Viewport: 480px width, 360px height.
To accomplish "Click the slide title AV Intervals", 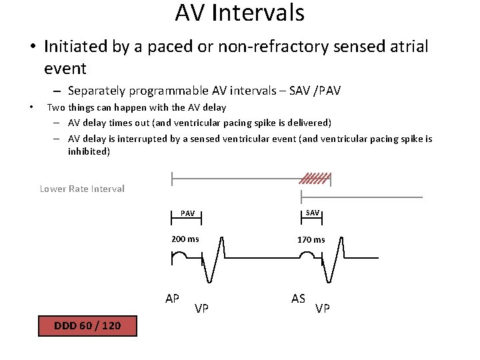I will coord(239,13).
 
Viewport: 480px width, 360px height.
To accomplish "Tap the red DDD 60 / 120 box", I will coord(87,326).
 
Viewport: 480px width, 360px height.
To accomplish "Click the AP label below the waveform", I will coord(172,298).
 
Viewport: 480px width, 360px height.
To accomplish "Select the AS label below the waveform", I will coord(299,298).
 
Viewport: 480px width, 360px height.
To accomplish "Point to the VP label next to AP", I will coord(201,308).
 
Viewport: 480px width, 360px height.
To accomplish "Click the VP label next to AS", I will coord(323,308).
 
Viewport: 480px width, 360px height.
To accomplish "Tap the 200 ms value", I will coord(185,239).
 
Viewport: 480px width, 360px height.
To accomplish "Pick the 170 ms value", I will coord(311,240).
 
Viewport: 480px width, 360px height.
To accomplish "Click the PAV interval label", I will coord(188,214).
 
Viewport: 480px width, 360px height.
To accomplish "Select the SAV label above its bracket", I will coord(312,212).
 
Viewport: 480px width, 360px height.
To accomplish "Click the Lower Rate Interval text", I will coord(82,189).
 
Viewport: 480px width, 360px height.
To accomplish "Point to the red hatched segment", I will coord(314,178).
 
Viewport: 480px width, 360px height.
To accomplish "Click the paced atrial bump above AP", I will coord(179,257).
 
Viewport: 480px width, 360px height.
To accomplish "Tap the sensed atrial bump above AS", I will coord(307,257).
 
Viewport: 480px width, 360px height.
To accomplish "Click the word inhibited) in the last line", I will coord(89,151).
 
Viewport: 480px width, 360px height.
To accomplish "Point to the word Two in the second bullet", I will coord(55,107).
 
